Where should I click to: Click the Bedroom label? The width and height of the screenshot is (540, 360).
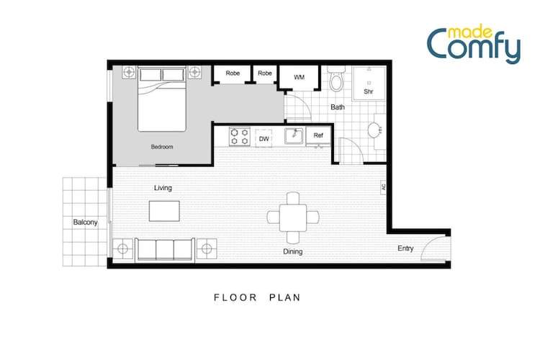(162, 147)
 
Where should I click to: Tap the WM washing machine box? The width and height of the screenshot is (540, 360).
(299, 78)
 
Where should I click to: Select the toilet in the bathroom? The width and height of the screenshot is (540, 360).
(336, 79)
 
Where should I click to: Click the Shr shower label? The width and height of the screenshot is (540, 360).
(369, 91)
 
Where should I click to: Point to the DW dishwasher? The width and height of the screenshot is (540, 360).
(264, 138)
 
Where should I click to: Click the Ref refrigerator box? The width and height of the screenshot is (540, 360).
(318, 136)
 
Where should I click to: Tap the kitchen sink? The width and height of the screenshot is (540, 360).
(294, 136)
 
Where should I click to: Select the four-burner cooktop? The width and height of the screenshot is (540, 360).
(240, 137)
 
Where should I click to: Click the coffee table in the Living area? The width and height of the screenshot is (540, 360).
(164, 211)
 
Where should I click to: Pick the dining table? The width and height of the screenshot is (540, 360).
(293, 217)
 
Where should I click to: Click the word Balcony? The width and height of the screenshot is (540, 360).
(86, 222)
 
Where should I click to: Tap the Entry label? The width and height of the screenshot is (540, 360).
(405, 248)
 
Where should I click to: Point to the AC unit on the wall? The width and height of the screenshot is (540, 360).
(383, 187)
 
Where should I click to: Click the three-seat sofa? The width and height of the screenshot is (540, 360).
(165, 250)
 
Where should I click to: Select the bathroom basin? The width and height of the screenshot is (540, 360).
(374, 130)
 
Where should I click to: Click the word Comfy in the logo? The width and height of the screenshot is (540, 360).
(474, 47)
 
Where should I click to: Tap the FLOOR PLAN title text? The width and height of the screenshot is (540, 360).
(257, 297)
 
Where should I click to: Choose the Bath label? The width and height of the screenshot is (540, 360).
(338, 107)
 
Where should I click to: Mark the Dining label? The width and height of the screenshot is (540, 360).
(293, 252)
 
